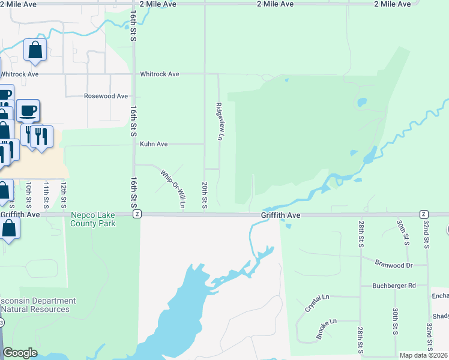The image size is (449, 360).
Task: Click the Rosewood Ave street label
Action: tap(106, 96)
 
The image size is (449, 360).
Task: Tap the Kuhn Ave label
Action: tap(154, 144)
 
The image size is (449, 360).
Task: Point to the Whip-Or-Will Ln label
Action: tap(173, 189)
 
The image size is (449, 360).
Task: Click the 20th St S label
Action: tap(205, 195)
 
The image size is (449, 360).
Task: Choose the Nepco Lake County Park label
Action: tap(93, 218)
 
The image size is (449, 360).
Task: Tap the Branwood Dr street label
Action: tap(393, 265)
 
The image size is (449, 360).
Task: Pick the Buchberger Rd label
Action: tap(393, 286)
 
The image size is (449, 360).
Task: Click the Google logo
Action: tap(20, 353)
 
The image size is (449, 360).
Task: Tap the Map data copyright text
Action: tap(423, 355)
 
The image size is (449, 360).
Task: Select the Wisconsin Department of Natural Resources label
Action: tap(37, 305)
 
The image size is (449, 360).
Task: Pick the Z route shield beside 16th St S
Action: tap(137, 214)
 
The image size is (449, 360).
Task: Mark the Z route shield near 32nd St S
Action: tap(424, 214)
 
